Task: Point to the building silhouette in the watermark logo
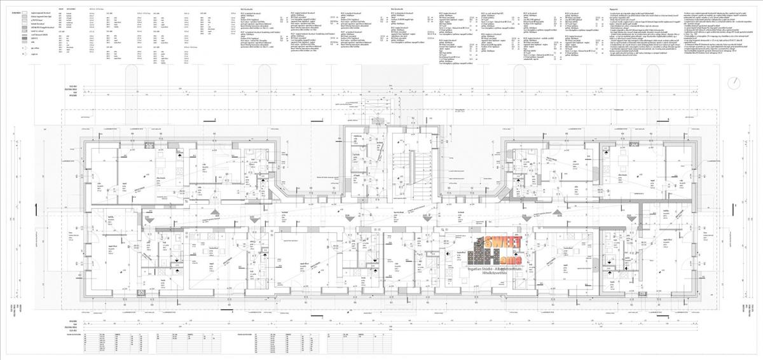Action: pos(477,253)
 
